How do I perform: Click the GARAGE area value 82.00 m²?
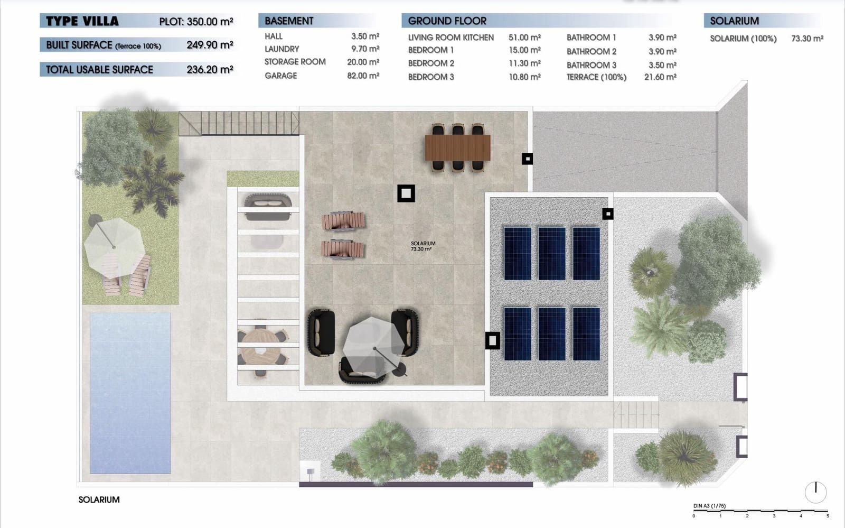click(x=363, y=76)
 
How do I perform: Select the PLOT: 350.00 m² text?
click(x=196, y=22)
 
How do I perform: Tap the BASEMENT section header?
click(x=289, y=21)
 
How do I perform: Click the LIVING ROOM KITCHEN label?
click(x=450, y=38)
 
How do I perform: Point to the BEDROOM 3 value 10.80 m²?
click(x=524, y=77)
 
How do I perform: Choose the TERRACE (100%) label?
click(x=596, y=77)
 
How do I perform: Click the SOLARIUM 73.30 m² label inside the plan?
click(x=422, y=246)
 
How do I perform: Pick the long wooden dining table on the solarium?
click(x=457, y=147)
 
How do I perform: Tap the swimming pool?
click(x=130, y=392)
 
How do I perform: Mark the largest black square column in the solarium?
click(x=406, y=193)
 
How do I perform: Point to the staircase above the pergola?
click(x=239, y=123)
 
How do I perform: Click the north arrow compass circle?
click(x=815, y=492)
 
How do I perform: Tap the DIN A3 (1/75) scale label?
click(x=709, y=506)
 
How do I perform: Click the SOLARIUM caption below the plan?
click(x=99, y=499)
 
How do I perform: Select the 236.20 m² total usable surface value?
click(x=210, y=69)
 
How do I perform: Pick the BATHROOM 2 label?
click(x=591, y=51)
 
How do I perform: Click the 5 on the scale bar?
click(x=828, y=516)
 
